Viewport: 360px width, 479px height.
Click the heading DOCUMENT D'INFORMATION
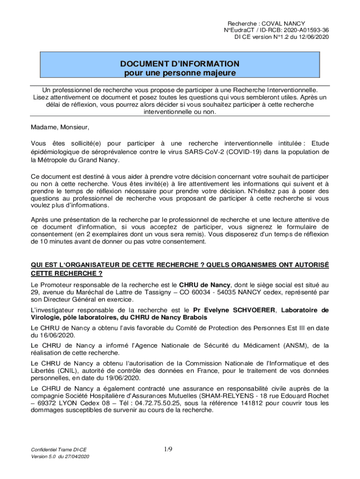click(180, 64)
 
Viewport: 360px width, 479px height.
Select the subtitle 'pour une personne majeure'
click(180, 73)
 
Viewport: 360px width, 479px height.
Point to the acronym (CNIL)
click(70, 371)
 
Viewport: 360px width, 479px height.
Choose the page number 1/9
click(168, 450)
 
